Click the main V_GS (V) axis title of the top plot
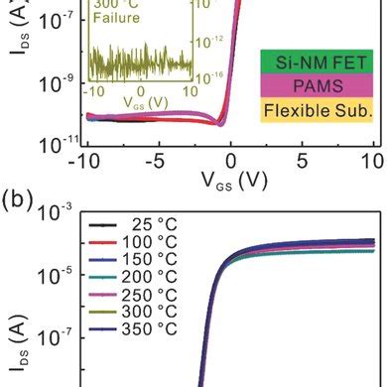tap(229, 183)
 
